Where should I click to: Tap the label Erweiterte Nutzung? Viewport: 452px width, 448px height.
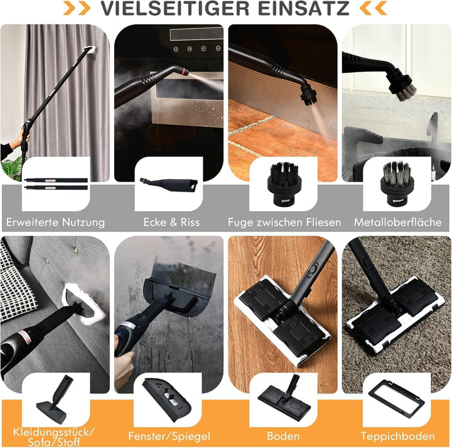tap(55, 222)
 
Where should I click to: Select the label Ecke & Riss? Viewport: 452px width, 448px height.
tap(168, 222)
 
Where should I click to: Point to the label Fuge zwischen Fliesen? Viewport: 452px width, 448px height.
tap(284, 222)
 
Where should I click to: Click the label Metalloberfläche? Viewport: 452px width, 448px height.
tap(397, 222)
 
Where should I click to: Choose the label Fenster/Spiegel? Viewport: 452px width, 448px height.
tap(168, 436)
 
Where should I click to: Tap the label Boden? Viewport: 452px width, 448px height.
tap(283, 436)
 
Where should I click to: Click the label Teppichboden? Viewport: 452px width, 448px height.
tap(397, 436)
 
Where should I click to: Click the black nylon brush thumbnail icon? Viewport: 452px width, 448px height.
tap(282, 183)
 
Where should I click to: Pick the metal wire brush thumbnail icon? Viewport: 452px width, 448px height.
tap(396, 183)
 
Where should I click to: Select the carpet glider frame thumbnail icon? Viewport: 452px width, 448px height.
tap(396, 399)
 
